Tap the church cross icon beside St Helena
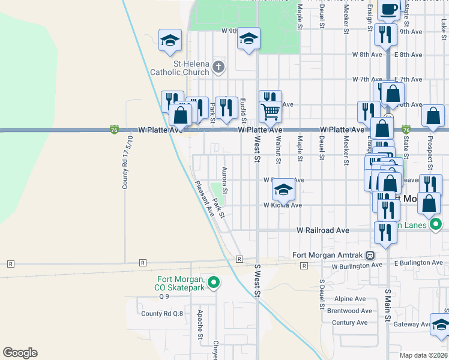point(218,67)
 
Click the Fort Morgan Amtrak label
point(329,254)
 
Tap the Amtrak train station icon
point(371,254)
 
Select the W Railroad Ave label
point(323,230)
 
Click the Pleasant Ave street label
point(205,198)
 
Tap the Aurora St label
point(225,180)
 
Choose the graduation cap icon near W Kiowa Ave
point(283,190)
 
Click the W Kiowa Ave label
point(283,205)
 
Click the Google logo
point(20,353)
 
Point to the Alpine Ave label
point(350,299)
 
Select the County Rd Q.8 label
point(162,313)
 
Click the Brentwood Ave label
point(350,311)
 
